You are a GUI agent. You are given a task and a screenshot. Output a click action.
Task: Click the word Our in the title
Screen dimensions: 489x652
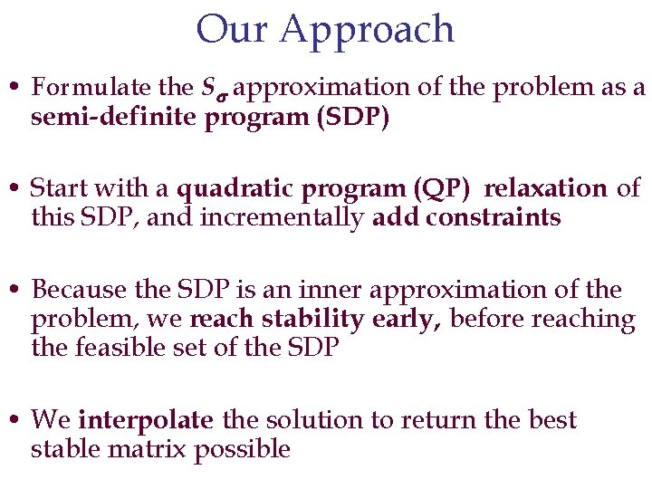point(233,29)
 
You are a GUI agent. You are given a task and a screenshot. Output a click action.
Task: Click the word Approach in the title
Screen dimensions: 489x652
point(367,31)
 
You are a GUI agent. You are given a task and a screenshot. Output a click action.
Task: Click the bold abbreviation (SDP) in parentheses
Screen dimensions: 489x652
point(353,117)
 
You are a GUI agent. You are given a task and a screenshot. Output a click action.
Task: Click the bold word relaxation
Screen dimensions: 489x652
point(545,189)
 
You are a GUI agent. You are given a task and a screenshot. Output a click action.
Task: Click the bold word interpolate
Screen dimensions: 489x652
point(146,420)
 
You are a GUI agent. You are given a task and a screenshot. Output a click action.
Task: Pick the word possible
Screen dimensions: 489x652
point(243,450)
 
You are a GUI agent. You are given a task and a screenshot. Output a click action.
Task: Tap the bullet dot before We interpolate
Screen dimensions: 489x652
point(18,421)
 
